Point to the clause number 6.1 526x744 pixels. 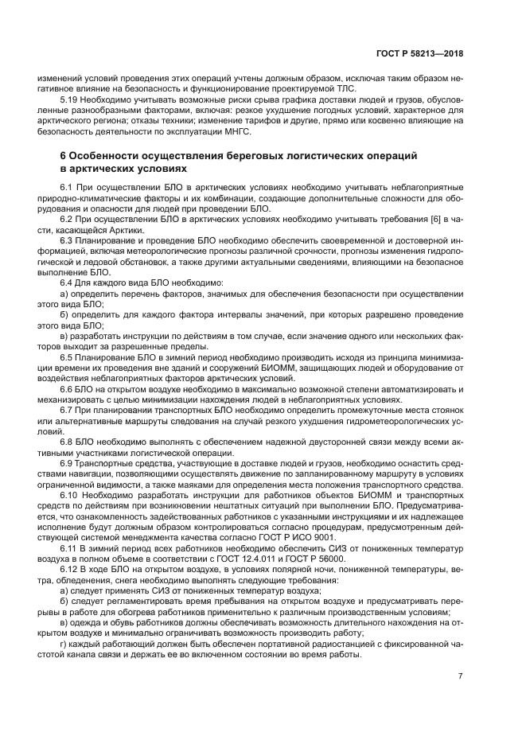(67, 186)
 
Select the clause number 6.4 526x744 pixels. (67, 282)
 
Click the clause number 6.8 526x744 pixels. (67, 441)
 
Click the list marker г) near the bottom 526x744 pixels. (64, 643)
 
